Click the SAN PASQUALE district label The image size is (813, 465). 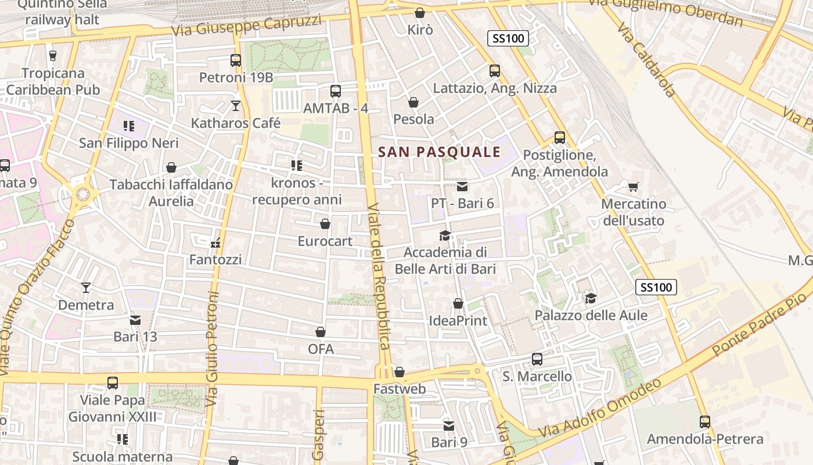(x=439, y=152)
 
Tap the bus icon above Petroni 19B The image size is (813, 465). (x=236, y=60)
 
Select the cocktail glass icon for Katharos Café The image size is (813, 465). (x=236, y=105)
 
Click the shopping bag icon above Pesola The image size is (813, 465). (x=413, y=103)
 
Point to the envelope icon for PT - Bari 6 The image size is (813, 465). (x=462, y=187)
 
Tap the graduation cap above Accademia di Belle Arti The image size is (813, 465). (x=445, y=235)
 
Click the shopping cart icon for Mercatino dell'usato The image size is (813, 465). (x=633, y=187)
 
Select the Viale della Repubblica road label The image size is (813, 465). (x=378, y=276)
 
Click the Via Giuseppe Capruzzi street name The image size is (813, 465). (x=247, y=26)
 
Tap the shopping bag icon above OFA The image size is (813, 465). (x=321, y=332)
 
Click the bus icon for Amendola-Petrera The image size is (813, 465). (x=705, y=422)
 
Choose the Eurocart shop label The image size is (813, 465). (x=325, y=241)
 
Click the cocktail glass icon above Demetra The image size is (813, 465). (x=86, y=287)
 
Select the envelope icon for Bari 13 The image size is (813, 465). (x=135, y=320)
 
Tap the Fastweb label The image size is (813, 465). (x=400, y=389)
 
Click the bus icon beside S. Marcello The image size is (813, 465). (x=537, y=359)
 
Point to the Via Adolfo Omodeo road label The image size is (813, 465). (x=600, y=409)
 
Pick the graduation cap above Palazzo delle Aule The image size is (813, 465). (x=591, y=298)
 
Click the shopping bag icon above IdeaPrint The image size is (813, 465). (x=458, y=303)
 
